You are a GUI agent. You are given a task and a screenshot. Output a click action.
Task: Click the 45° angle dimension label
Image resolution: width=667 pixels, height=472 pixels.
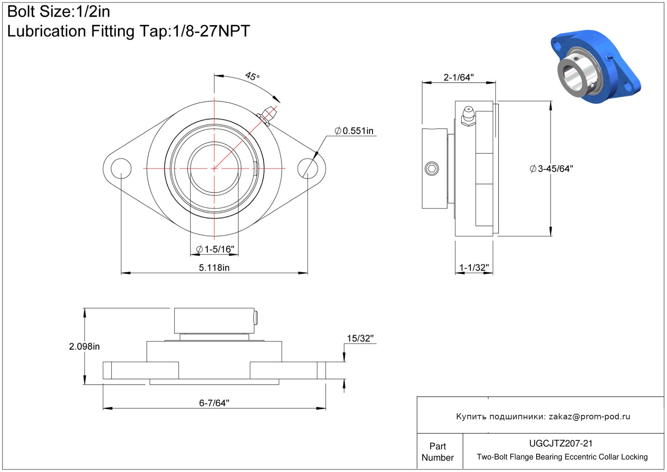click(x=252, y=76)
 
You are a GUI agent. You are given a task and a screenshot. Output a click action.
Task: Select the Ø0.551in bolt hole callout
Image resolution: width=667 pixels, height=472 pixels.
click(x=354, y=131)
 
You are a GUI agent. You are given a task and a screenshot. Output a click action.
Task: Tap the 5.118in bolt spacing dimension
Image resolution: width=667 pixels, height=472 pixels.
click(x=214, y=267)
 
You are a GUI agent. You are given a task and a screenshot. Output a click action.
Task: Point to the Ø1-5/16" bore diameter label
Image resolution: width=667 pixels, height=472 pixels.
click(x=215, y=249)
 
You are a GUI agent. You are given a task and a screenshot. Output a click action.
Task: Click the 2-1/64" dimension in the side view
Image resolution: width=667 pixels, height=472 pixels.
click(x=458, y=77)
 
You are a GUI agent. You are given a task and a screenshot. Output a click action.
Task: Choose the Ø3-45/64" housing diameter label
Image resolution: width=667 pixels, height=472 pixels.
click(x=552, y=169)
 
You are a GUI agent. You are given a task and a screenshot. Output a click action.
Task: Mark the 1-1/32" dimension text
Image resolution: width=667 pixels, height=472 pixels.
click(x=474, y=267)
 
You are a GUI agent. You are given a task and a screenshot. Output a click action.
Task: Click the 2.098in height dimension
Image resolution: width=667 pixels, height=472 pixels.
click(x=84, y=346)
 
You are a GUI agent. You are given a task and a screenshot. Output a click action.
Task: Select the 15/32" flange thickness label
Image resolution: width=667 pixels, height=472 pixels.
click(x=360, y=339)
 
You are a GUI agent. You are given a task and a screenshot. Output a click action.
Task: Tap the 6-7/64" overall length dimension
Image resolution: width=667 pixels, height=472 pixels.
click(x=214, y=403)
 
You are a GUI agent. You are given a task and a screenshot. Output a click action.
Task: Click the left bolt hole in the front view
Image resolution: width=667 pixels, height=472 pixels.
click(x=121, y=169)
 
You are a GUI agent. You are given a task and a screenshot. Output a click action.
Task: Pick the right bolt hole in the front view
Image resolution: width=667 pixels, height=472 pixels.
click(x=308, y=169)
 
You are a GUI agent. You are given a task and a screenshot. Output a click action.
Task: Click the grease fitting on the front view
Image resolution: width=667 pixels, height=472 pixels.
click(x=268, y=115)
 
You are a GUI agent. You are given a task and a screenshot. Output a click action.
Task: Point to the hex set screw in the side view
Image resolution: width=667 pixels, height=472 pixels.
click(x=432, y=169)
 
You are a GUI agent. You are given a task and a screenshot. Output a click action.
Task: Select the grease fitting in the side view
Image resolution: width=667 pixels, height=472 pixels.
click(x=468, y=116)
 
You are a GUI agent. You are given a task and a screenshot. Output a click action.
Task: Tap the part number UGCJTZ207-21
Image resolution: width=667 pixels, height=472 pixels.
click(x=561, y=444)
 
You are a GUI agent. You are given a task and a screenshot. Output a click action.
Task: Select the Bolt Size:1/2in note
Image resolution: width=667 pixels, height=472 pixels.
click(x=59, y=12)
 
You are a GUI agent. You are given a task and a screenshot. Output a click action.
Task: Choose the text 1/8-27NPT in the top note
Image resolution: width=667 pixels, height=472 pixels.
click(x=211, y=31)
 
